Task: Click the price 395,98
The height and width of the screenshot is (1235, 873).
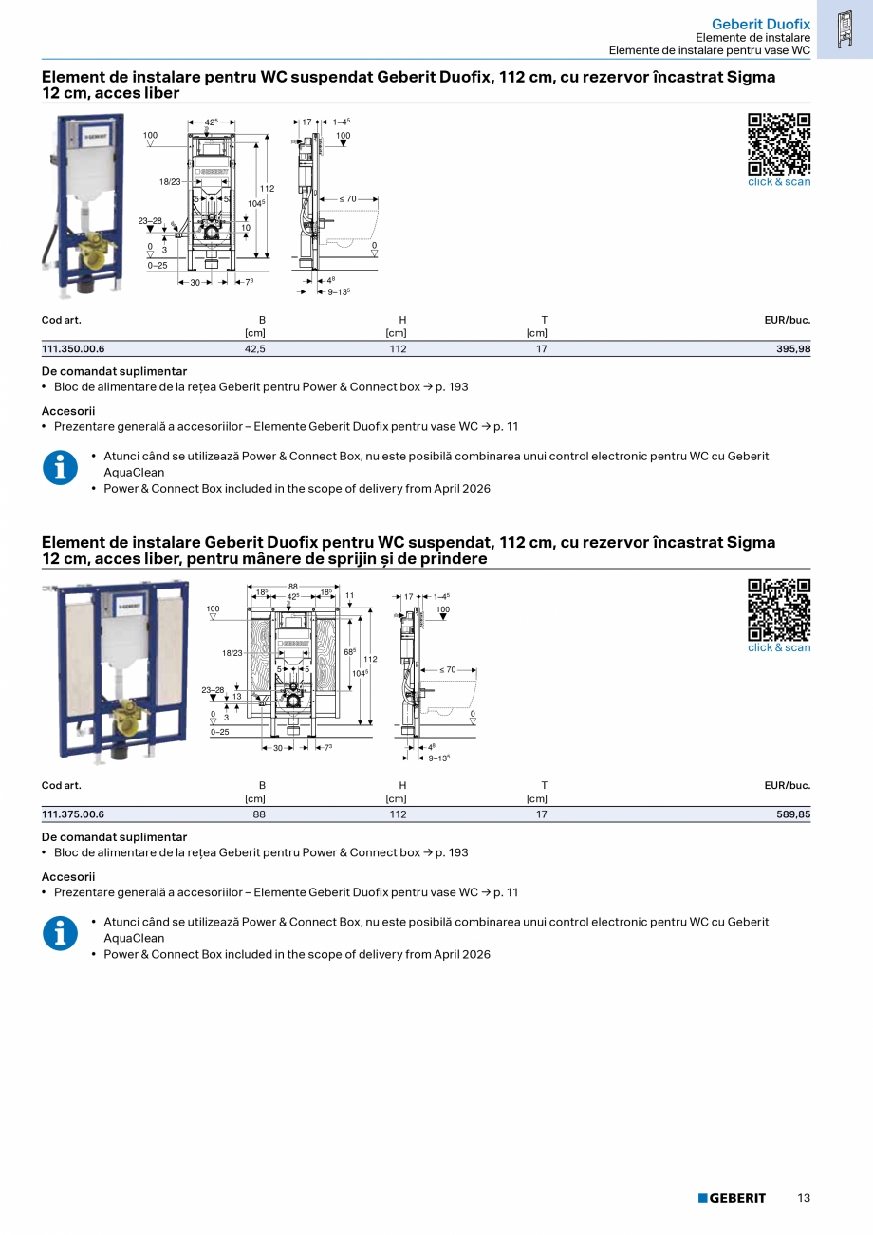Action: (793, 349)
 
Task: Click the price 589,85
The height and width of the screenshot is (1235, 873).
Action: (793, 814)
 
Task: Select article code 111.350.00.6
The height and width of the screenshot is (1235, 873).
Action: (73, 349)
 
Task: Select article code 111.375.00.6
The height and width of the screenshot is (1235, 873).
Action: (73, 814)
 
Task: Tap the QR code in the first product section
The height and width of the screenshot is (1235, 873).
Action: (779, 143)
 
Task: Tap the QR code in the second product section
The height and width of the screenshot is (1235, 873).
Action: (779, 609)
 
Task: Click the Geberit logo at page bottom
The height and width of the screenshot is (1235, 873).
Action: (732, 1198)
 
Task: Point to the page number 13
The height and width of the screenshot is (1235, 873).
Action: (804, 1198)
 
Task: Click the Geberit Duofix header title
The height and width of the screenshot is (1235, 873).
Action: (760, 23)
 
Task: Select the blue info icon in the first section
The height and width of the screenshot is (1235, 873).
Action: (61, 468)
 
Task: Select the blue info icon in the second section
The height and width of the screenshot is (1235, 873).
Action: (61, 934)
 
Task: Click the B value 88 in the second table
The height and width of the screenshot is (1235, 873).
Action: (258, 814)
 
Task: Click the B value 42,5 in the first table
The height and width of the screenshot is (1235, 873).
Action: (254, 349)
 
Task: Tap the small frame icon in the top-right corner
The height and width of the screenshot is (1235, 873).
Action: (844, 28)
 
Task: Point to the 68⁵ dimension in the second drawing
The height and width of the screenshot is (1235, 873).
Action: (349, 652)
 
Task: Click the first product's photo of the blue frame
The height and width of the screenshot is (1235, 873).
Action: (85, 202)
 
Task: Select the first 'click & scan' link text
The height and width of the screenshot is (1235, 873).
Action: (779, 182)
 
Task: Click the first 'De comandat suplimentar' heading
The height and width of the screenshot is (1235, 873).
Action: (115, 371)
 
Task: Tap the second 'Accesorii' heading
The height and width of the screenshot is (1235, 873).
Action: (68, 877)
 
